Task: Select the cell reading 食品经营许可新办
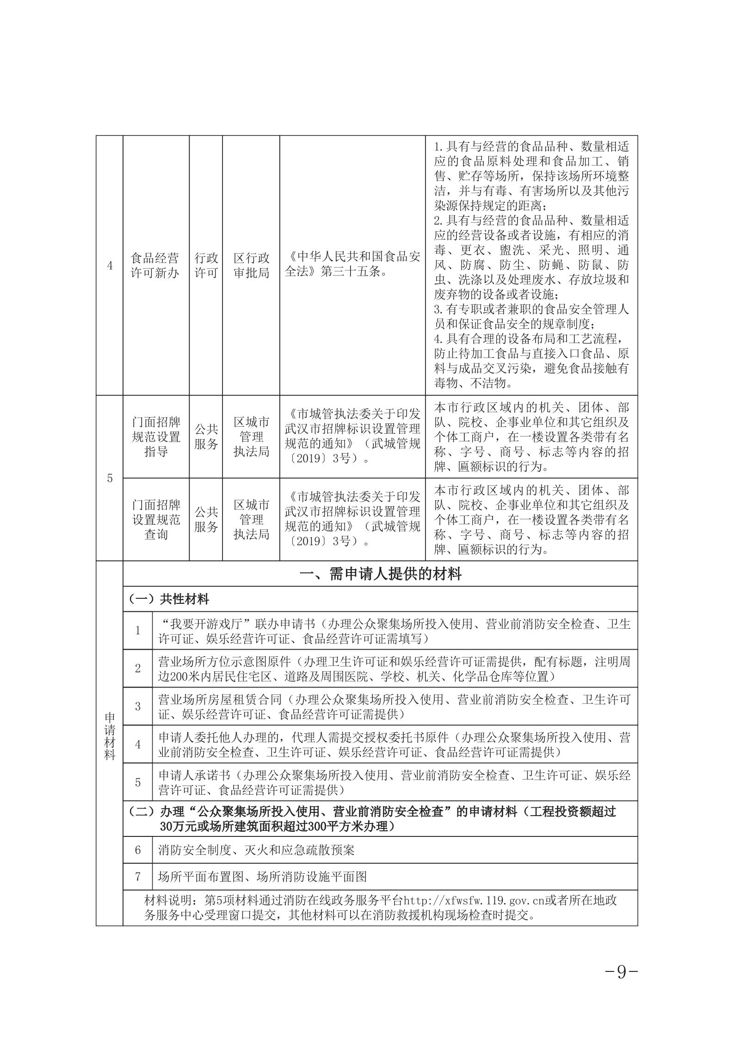[x=155, y=265]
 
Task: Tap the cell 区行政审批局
[x=251, y=265]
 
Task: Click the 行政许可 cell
[x=206, y=265]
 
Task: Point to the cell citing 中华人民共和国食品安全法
[x=352, y=265]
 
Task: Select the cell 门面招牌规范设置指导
[x=156, y=436]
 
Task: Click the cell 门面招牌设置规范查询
[x=156, y=519]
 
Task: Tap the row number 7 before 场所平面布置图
[x=138, y=876]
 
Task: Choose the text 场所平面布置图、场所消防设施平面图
[x=262, y=876]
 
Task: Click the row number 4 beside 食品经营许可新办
[x=110, y=265]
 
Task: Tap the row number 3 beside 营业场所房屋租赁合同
[x=138, y=706]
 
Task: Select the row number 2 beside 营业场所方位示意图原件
[x=138, y=668]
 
